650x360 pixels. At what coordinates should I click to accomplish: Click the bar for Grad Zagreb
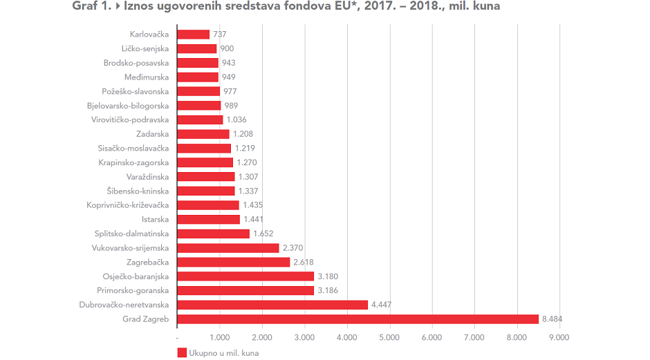coord(357,319)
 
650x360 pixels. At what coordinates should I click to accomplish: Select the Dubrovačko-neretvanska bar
coord(272,305)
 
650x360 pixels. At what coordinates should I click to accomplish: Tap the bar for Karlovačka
coord(194,35)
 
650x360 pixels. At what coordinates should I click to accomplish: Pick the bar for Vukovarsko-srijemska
coord(228,248)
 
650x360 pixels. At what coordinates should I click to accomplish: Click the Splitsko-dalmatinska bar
coord(213,234)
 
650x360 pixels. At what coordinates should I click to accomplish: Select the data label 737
coord(220,35)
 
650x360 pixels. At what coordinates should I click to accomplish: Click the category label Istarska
coord(156,220)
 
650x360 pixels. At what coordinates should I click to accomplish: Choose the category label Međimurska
coord(147,77)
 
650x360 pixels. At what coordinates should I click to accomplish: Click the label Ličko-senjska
coord(145,48)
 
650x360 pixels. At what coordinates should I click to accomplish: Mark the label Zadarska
coord(151,134)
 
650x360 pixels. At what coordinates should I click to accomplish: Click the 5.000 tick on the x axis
coord(390,337)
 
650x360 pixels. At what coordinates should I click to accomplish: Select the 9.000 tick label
coord(559,337)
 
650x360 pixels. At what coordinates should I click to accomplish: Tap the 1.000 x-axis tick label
coord(220,337)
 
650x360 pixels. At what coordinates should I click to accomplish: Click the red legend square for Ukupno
coord(183,352)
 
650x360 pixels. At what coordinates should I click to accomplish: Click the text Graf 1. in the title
coord(92,8)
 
